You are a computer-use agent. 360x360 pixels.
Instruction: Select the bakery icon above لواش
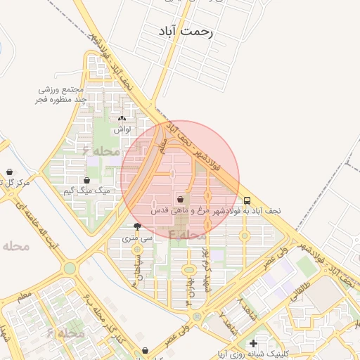122,119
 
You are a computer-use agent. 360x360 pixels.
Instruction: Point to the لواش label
122,129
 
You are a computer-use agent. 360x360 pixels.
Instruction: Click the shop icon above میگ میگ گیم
87,181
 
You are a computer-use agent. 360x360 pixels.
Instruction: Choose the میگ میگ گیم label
87,191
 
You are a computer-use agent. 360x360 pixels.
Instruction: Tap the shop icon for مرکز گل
10,172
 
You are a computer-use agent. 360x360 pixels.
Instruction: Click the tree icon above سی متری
137,226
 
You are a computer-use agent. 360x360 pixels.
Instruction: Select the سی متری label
137,238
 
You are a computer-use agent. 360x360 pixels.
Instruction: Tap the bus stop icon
247,200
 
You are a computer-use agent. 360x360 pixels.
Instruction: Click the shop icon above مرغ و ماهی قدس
181,200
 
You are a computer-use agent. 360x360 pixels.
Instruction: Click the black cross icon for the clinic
252,343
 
